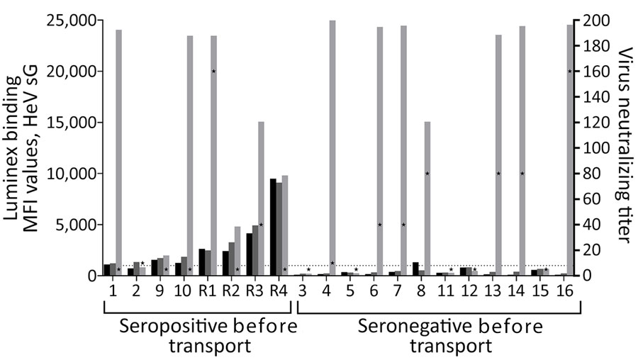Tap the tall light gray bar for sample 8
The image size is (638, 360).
coord(427,198)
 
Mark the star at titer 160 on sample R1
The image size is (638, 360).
coord(213,71)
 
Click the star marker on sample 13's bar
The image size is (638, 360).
coord(498,173)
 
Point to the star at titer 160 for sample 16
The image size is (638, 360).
coord(570,71)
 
